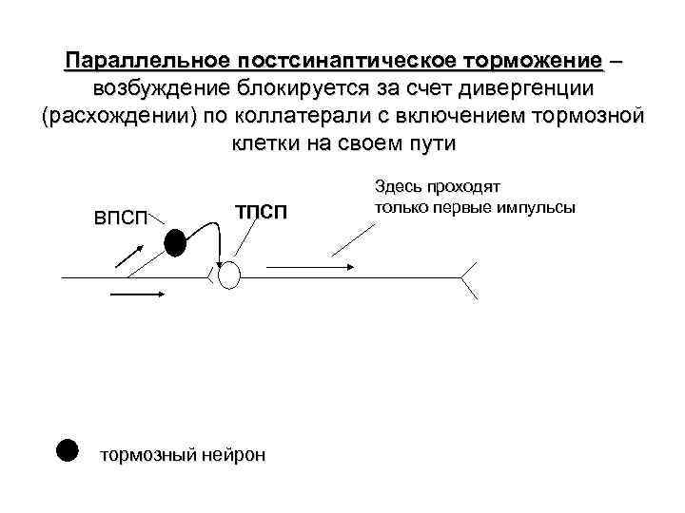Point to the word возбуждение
pyautogui.click(x=163, y=89)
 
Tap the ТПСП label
pyautogui.click(x=260, y=210)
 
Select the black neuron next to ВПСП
pyautogui.click(x=174, y=244)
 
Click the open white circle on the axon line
pyautogui.click(x=230, y=276)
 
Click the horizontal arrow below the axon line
pyautogui.click(x=140, y=294)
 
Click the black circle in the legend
pyautogui.click(x=65, y=449)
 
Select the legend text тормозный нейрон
pyautogui.click(x=184, y=455)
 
